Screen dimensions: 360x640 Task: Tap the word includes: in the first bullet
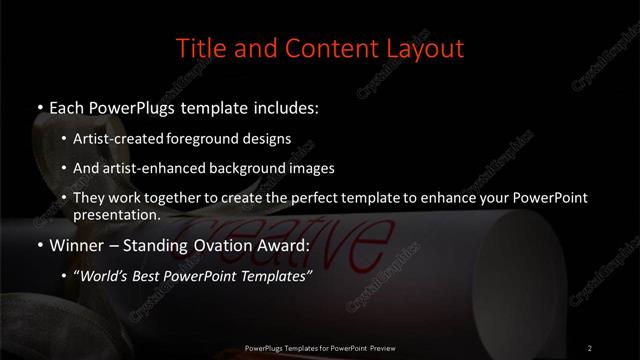(290, 105)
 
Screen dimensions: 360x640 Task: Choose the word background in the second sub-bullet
(247, 168)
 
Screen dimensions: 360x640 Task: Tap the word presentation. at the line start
(116, 214)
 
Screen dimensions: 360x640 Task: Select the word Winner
(76, 245)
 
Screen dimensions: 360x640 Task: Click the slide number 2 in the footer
(589, 347)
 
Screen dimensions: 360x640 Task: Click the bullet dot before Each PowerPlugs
(39, 106)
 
